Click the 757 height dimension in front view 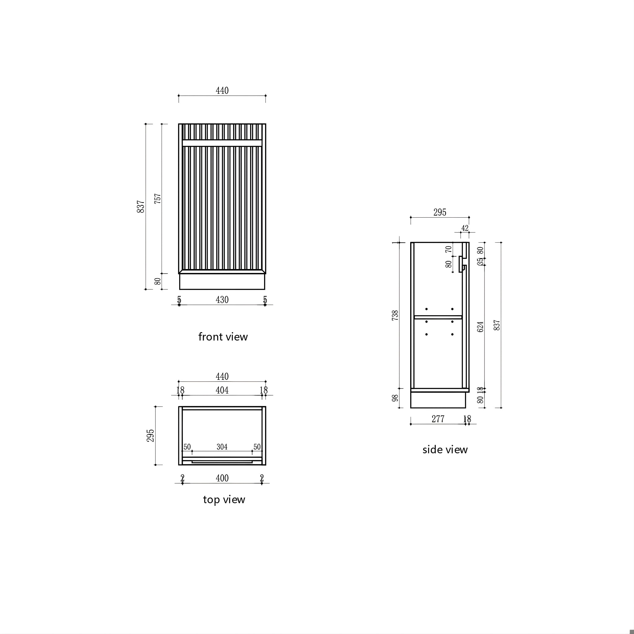pos(158,198)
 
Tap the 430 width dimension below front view pos(222,300)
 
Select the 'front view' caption pos(223,337)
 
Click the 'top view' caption pos(224,499)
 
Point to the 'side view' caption pos(445,449)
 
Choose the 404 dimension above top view pos(222,390)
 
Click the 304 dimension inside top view pos(222,447)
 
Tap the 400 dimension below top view pos(222,478)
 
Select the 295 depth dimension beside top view pos(150,436)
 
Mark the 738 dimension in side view pos(395,315)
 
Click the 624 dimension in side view pos(480,327)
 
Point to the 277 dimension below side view pos(438,419)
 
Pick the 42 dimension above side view pos(465,228)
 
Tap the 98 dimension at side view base pos(395,398)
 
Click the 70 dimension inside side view pos(449,249)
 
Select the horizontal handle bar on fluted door pos(222,143)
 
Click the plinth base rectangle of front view pos(222,282)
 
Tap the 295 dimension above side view pos(440,212)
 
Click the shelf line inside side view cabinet pos(438,317)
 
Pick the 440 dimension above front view pos(222,91)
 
